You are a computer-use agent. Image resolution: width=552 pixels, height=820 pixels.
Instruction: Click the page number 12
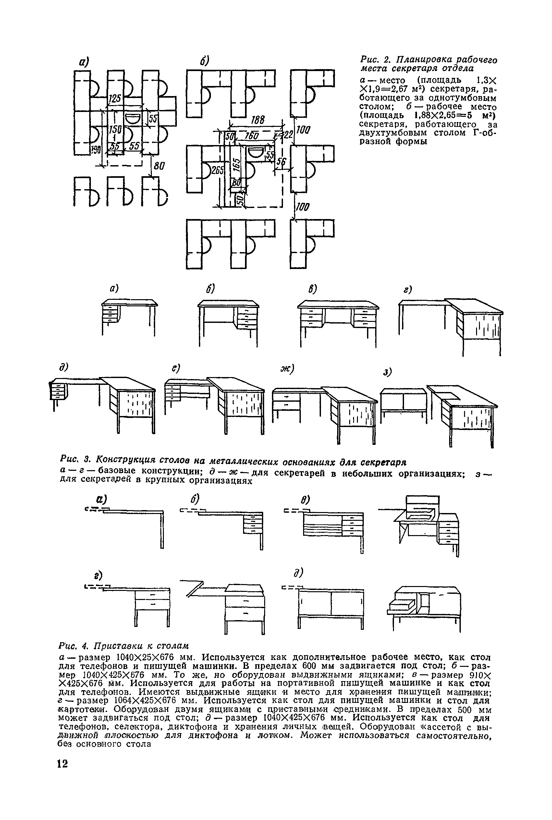click(62, 775)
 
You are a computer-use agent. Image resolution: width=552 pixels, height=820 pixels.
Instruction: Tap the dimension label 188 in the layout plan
click(257, 120)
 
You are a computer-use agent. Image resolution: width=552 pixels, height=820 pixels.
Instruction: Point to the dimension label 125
click(115, 99)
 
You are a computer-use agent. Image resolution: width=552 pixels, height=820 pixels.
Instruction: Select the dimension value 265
click(217, 170)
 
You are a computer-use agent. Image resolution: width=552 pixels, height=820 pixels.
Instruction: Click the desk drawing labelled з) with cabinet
click(439, 412)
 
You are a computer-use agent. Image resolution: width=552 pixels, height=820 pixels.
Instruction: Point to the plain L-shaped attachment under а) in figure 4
click(130, 526)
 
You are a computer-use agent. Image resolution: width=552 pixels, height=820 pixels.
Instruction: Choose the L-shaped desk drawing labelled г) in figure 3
click(451, 325)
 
